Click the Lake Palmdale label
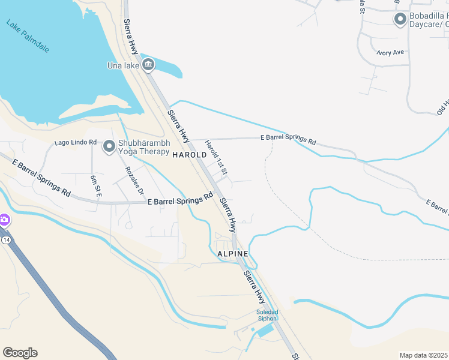(28, 37)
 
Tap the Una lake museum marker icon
(148, 65)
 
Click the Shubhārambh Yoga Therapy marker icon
(109, 146)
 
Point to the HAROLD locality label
(189, 155)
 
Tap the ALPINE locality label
(233, 254)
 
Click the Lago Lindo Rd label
(76, 142)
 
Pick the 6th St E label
(94, 186)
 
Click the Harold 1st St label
(217, 157)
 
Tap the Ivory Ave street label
(391, 53)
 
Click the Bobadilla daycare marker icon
(400, 19)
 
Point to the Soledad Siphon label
(268, 315)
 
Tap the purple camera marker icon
(4, 220)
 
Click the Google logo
(20, 353)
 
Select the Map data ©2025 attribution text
(423, 355)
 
